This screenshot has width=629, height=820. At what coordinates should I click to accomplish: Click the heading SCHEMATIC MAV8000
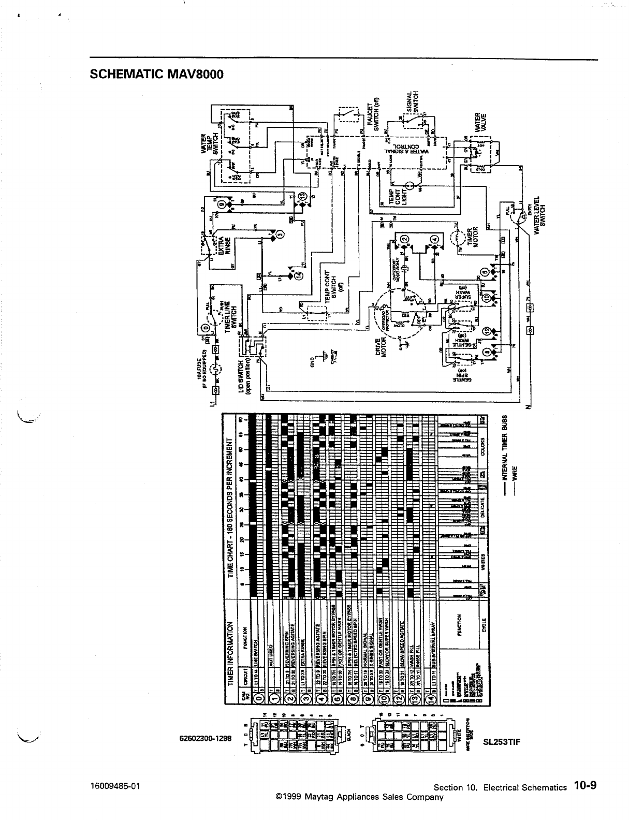click(157, 74)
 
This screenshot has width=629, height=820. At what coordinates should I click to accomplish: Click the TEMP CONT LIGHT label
click(398, 198)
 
